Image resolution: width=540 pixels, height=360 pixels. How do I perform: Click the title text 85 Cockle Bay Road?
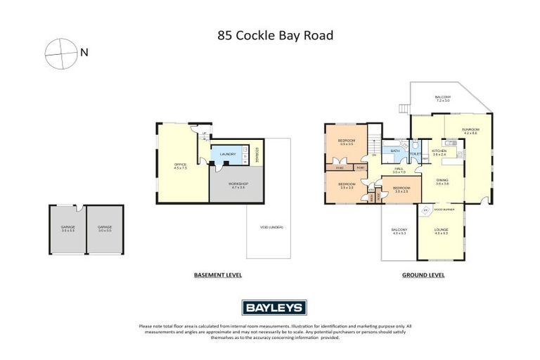[x=269, y=35]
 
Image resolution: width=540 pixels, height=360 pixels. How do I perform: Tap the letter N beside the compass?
[x=84, y=51]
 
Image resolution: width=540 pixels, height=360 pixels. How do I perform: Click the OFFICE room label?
[x=181, y=165]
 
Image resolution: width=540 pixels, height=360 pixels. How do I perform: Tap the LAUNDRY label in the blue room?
[x=227, y=154]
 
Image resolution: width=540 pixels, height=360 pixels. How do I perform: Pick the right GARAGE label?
[x=105, y=227]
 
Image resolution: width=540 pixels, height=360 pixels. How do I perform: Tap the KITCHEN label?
[x=439, y=151]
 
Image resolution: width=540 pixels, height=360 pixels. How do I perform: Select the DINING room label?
[x=442, y=180]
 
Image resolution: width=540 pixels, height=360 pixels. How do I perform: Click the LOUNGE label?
[x=441, y=231]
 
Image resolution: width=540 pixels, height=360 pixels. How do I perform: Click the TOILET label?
[x=415, y=154]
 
